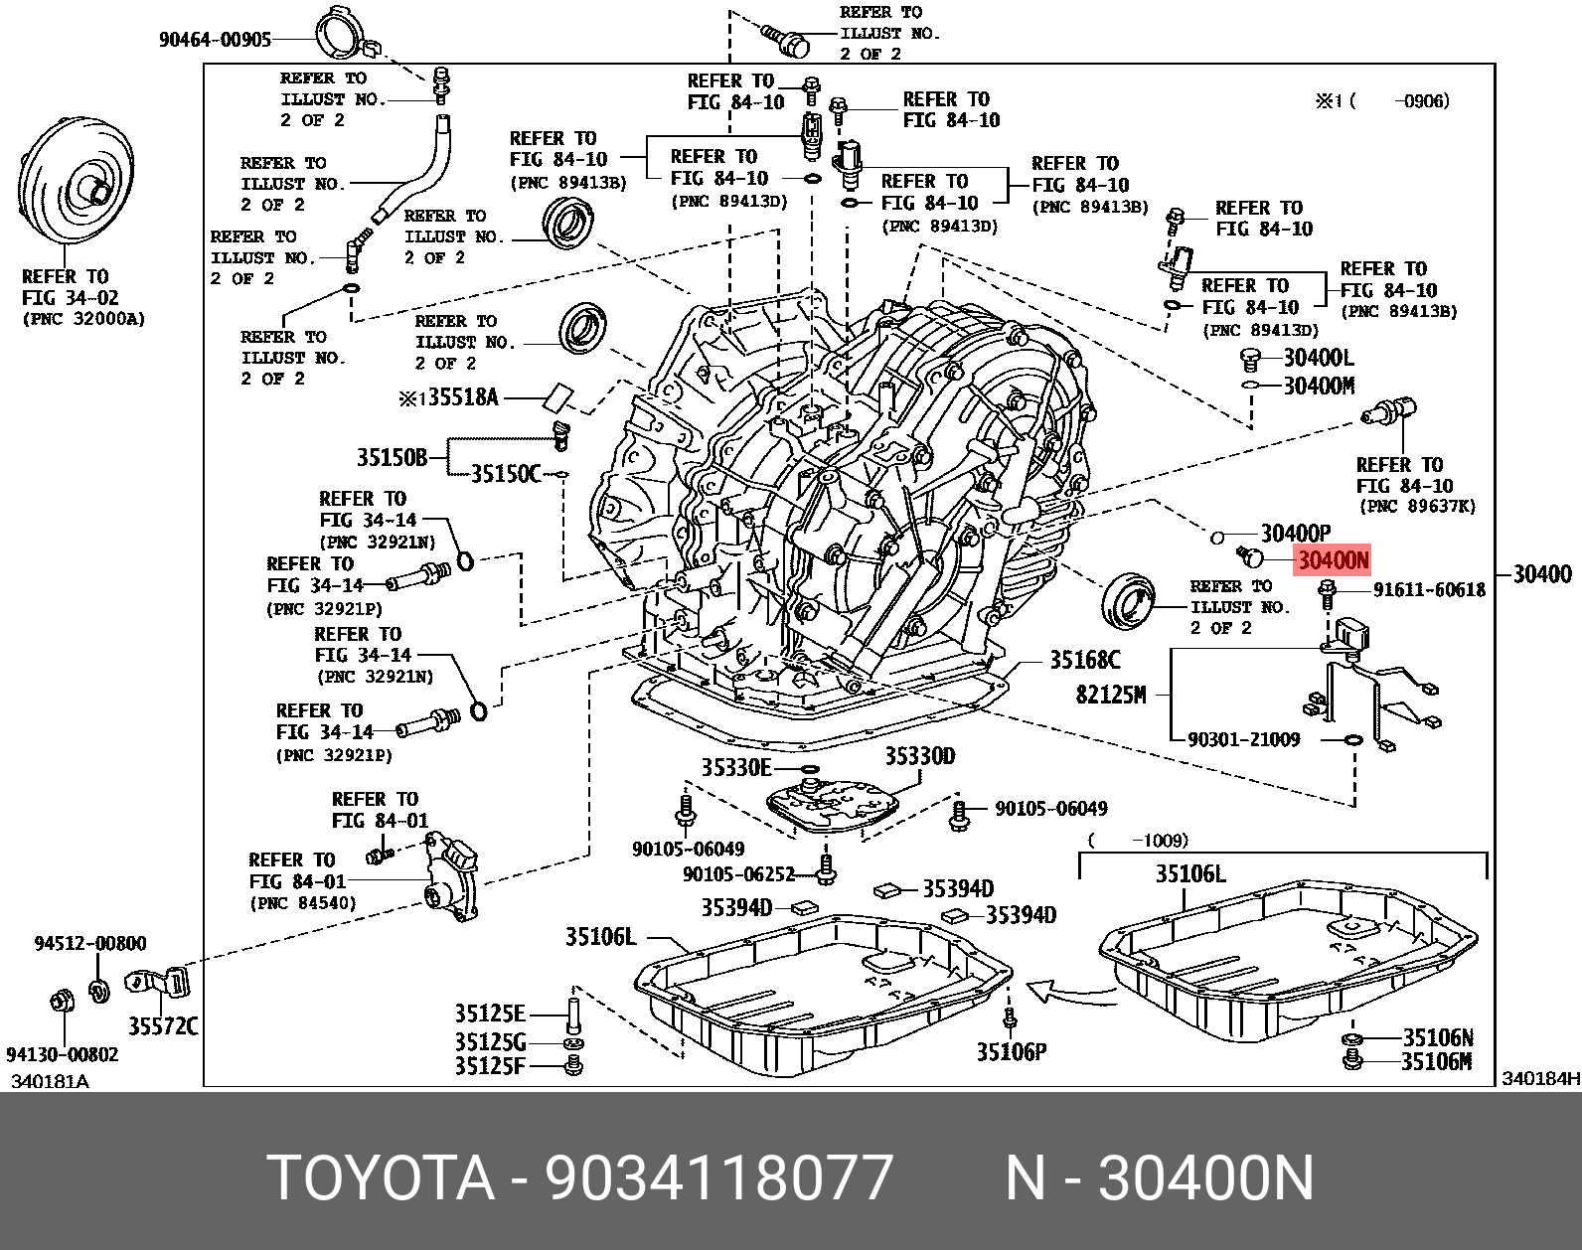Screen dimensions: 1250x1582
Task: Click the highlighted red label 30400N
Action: click(1333, 561)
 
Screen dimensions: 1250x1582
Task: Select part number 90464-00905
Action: click(215, 40)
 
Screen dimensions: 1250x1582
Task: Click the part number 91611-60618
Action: click(1429, 590)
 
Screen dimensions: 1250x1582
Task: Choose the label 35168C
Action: click(1085, 660)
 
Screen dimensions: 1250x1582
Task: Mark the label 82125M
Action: click(1110, 695)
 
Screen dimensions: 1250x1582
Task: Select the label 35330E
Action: click(736, 767)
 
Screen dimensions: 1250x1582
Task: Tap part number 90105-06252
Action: click(739, 874)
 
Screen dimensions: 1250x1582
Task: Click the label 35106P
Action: click(1012, 1051)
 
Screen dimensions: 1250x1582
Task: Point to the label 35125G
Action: click(490, 1041)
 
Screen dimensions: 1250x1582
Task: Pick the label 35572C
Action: click(162, 1025)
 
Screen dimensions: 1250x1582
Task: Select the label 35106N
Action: click(1437, 1037)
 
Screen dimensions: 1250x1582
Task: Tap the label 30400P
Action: click(1295, 534)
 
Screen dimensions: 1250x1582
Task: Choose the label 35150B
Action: click(392, 457)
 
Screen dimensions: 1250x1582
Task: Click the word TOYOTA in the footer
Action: click(382, 1178)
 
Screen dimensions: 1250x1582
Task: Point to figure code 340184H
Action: click(1540, 1079)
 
